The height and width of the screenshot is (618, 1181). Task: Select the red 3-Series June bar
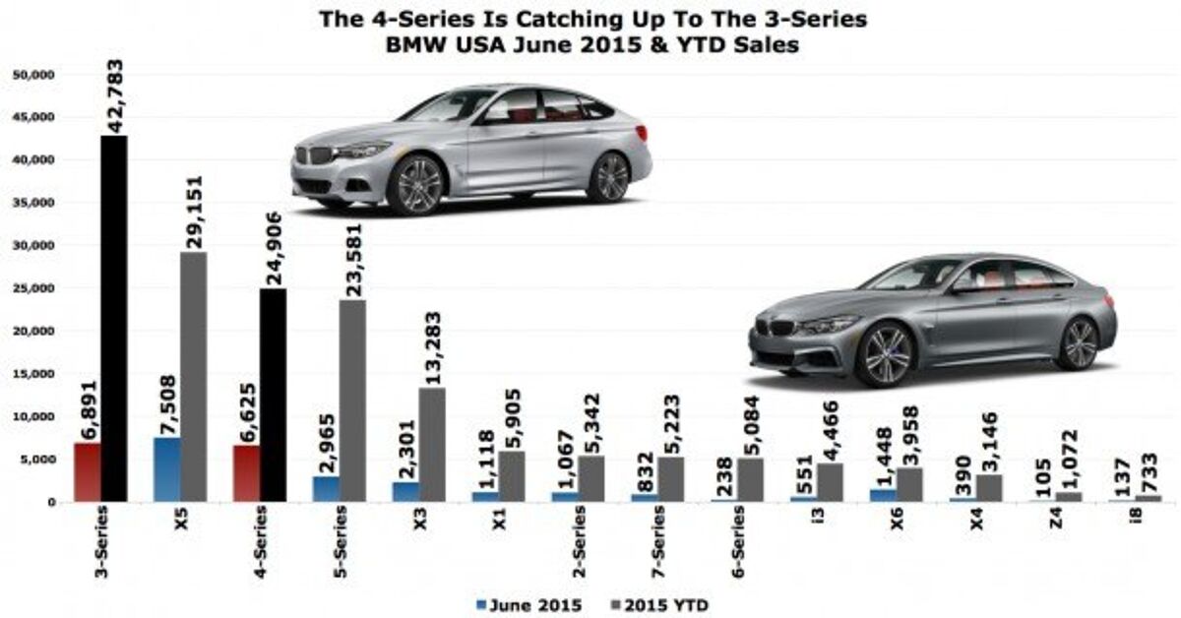[x=87, y=472]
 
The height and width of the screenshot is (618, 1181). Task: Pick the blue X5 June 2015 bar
[x=166, y=469]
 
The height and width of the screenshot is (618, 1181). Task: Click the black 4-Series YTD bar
[x=273, y=395]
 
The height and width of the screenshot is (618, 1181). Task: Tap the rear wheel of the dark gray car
[x=1077, y=343]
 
